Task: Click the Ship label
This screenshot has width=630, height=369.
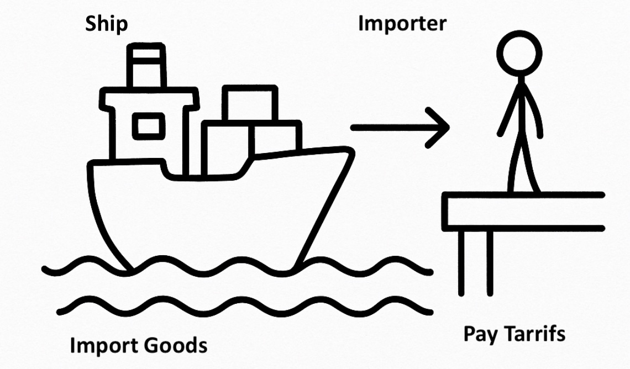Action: [x=106, y=24]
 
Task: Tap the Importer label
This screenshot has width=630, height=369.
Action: [x=402, y=24]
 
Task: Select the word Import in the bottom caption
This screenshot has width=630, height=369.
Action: [x=104, y=346]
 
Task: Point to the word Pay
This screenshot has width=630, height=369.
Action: [x=478, y=334]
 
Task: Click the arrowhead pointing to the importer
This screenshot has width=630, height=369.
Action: [x=439, y=128]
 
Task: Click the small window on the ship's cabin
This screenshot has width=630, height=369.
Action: [x=148, y=126]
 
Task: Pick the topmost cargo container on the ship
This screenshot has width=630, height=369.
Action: [x=250, y=104]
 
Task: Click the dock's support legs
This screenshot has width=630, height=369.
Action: [x=475, y=262]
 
